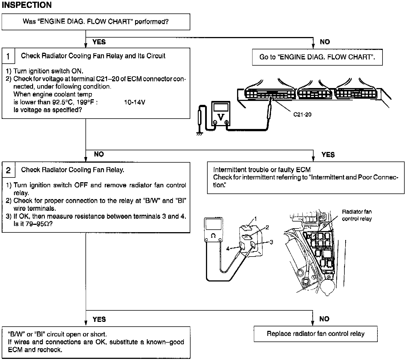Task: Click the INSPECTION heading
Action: pos(27,5)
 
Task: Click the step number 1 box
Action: pos(8,56)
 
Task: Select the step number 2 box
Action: pos(8,170)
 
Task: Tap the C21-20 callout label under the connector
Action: pos(302,114)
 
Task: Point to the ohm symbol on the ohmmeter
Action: pos(213,236)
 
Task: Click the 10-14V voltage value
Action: pos(135,102)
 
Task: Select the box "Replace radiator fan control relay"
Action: pos(316,334)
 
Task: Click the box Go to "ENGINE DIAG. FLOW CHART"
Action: pos(317,57)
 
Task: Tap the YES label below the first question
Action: pos(99,42)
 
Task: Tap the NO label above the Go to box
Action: pos(325,42)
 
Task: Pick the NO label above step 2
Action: pos(99,154)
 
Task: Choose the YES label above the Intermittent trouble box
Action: pos(328,155)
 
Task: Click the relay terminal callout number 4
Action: pos(228,248)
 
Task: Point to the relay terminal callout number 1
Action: pos(255,219)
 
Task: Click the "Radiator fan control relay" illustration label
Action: pos(357,215)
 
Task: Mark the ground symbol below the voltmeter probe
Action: pos(200,134)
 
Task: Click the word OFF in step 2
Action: pos(81,185)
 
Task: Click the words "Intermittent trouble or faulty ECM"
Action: pos(262,170)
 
